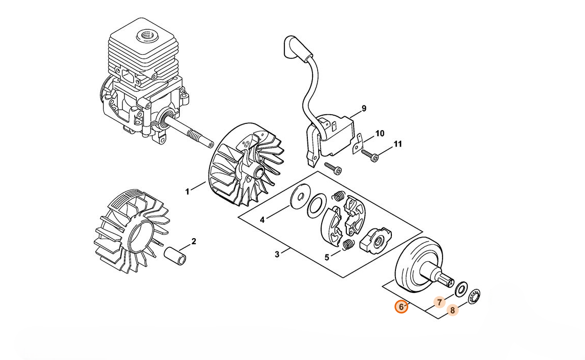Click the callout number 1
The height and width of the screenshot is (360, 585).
point(187,192)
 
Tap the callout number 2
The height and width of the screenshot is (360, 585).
point(194,241)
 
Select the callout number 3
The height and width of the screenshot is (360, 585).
point(277,255)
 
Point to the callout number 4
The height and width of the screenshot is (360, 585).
point(262,220)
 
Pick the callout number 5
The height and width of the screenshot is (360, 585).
point(327,258)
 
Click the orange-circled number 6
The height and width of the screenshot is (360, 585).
point(402,307)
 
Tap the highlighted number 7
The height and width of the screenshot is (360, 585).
point(440,302)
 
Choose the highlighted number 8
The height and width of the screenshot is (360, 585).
point(452,310)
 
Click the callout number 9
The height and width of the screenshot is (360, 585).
point(364,109)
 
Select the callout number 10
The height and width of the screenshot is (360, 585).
point(380,134)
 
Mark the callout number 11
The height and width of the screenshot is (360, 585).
point(398,144)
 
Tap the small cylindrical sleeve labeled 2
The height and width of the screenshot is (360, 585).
point(175,255)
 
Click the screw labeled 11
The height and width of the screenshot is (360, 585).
point(370,156)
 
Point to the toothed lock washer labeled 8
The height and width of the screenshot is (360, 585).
point(474,297)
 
